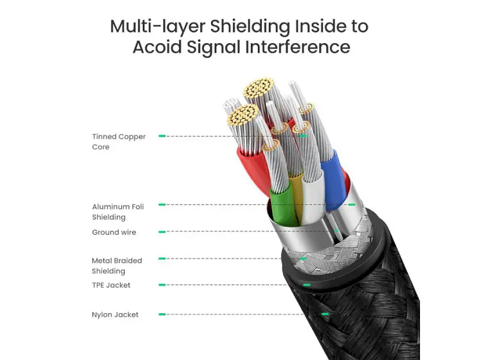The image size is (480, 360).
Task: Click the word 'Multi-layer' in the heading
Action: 158,26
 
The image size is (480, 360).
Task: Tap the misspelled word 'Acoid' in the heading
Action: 157,47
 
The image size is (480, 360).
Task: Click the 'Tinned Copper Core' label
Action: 119,142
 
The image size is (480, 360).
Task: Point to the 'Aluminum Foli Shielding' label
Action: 118,212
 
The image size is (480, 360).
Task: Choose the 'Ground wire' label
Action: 114,232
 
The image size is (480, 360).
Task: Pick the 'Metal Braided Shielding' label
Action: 117,266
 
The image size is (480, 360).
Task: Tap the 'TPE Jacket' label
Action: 111,285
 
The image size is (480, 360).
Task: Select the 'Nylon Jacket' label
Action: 115,314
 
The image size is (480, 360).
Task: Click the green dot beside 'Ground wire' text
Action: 162,232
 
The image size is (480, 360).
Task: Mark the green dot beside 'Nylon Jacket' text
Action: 162,314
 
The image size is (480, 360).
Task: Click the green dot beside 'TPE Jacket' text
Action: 162,285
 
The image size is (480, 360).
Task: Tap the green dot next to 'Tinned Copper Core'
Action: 162,136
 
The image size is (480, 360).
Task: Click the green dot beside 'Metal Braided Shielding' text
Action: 162,259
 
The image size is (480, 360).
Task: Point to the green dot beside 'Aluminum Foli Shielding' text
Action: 162,205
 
